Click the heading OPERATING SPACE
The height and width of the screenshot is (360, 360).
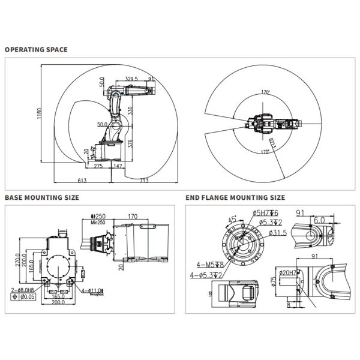point(36,50)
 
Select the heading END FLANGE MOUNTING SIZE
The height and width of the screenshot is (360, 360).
point(235,197)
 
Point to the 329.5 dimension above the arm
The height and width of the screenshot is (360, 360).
point(132,79)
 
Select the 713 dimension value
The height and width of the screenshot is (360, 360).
point(144,180)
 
